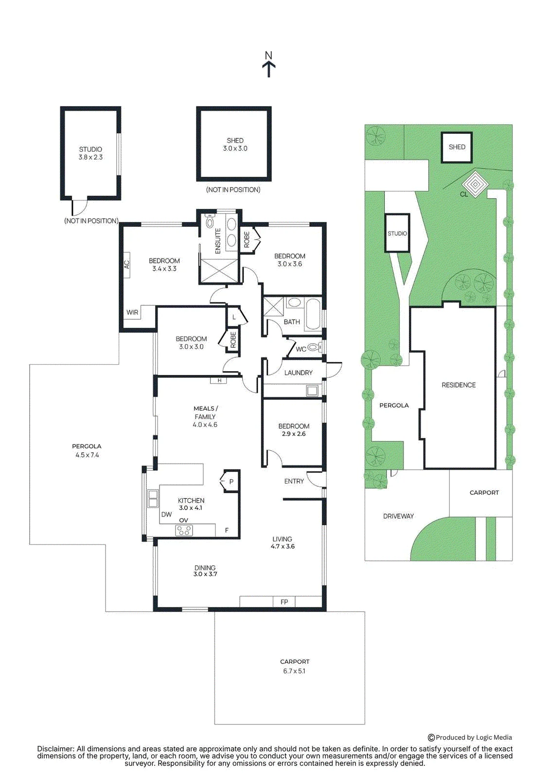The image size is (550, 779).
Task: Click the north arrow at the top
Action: click(x=269, y=69)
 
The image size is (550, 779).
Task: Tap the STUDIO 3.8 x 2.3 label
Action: click(x=90, y=153)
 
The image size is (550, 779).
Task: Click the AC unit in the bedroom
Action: click(x=126, y=265)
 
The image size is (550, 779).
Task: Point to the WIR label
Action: click(x=132, y=312)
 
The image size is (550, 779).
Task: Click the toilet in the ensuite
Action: click(x=210, y=221)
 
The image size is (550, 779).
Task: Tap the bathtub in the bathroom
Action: click(x=313, y=314)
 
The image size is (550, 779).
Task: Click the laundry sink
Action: click(x=312, y=390)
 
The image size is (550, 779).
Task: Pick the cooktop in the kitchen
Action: click(x=184, y=530)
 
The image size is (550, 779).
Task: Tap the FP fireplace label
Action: click(x=284, y=601)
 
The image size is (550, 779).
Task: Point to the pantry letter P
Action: click(x=231, y=482)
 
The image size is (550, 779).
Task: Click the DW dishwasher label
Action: click(x=166, y=514)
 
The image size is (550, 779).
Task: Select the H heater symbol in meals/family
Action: click(x=219, y=381)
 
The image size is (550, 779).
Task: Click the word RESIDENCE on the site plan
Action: click(x=459, y=385)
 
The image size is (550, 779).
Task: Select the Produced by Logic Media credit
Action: click(x=470, y=727)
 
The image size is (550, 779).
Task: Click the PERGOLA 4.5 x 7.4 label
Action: click(x=87, y=450)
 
